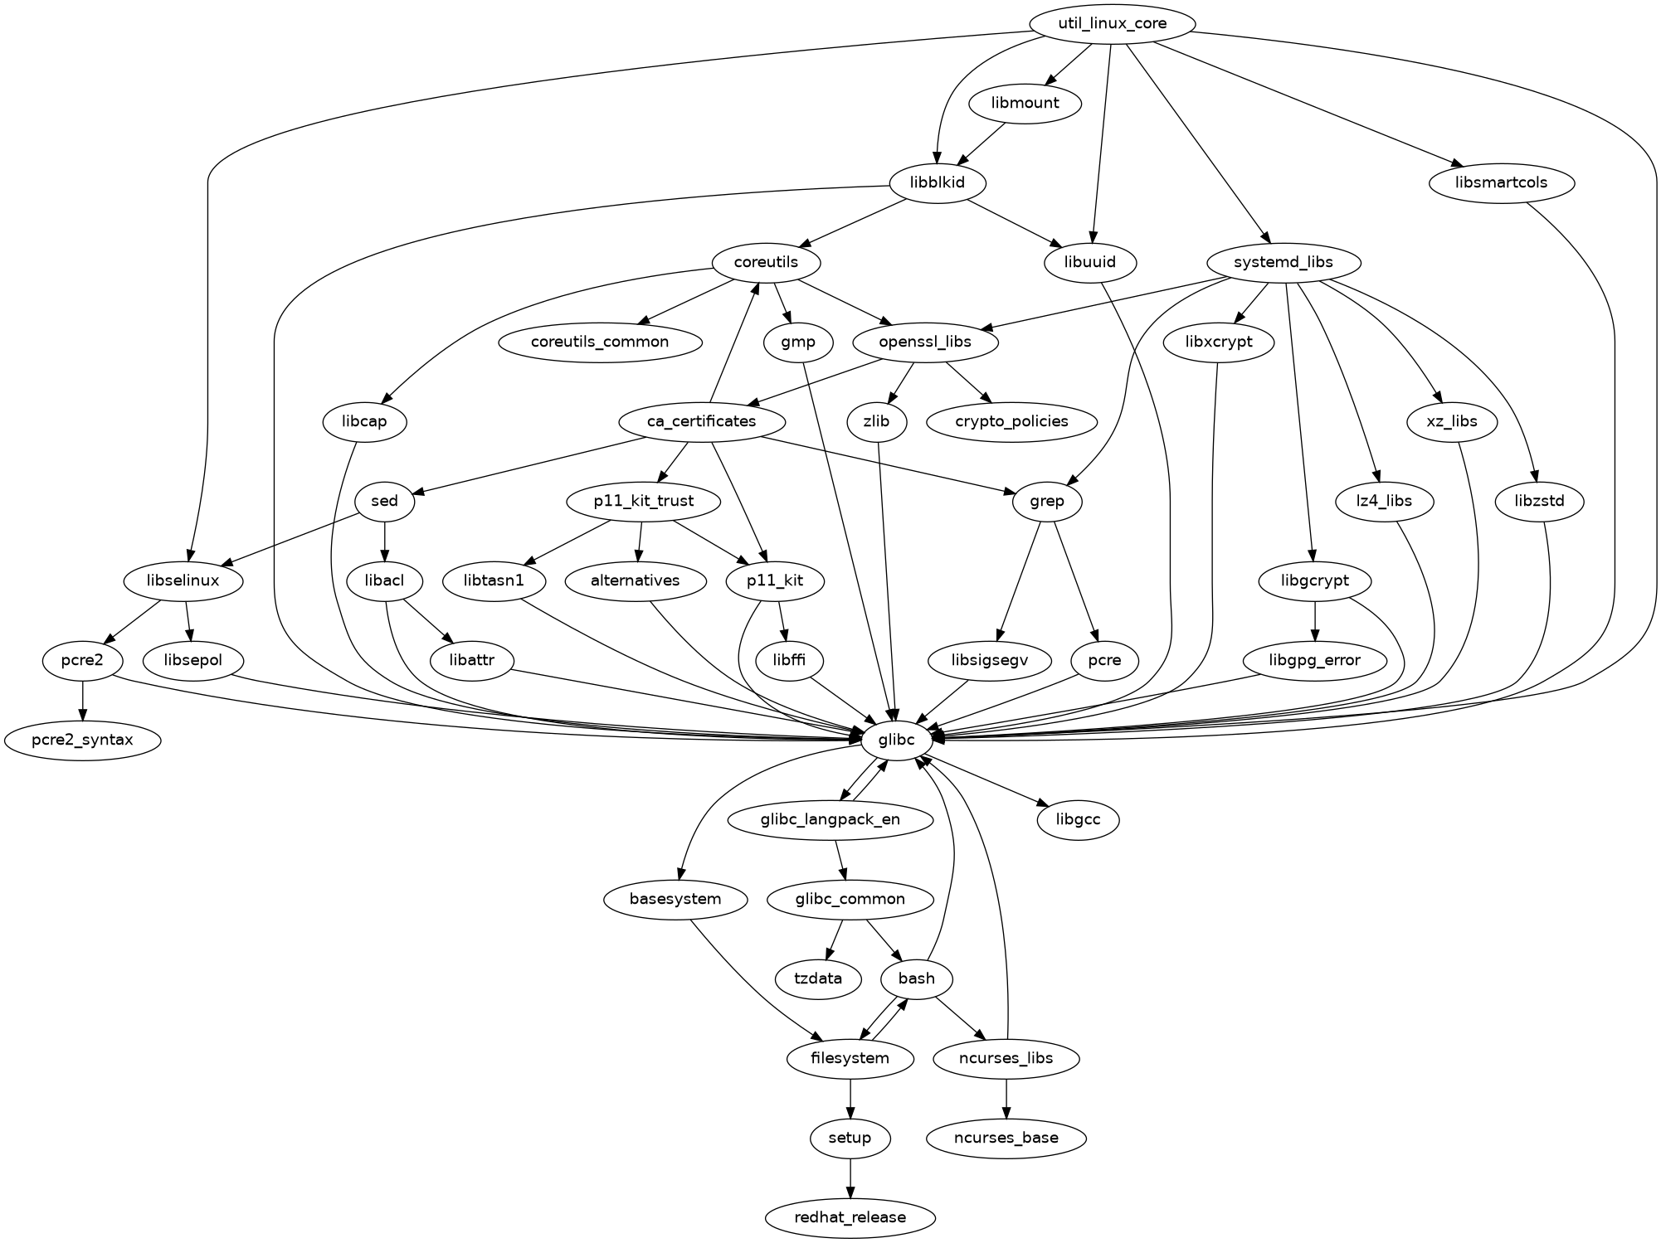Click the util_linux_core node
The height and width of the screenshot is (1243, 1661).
(x=1111, y=23)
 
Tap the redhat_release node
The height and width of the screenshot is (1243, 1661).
(x=850, y=1217)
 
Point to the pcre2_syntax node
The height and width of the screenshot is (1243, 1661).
(x=82, y=740)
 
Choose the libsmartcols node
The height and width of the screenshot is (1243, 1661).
(x=1502, y=182)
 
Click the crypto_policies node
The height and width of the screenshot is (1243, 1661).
(x=1011, y=421)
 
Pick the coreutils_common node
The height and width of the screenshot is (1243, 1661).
(x=600, y=342)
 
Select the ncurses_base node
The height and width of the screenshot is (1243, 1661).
(x=1006, y=1138)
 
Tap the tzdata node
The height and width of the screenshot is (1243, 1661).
(x=818, y=978)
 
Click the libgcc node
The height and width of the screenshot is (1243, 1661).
(x=1079, y=819)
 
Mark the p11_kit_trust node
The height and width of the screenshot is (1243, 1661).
(x=644, y=501)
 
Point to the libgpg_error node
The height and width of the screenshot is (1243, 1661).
(x=1315, y=660)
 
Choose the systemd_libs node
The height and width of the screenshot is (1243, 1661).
(x=1283, y=262)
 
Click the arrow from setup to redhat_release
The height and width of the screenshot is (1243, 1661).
(x=850, y=1177)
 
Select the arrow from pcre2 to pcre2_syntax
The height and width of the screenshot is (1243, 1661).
(x=82, y=700)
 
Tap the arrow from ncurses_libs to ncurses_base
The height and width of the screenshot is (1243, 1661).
(x=1006, y=1098)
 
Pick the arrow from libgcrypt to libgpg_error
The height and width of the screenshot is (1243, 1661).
(x=1315, y=620)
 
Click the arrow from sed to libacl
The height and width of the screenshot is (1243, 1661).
(x=385, y=541)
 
